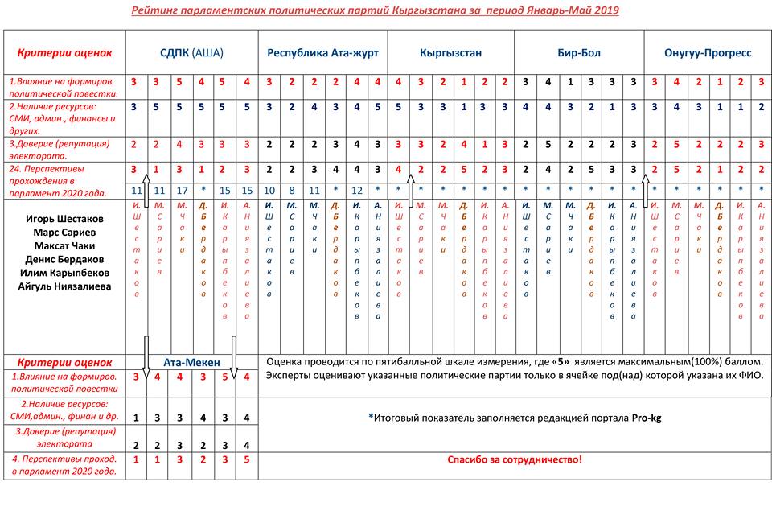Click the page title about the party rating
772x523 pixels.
375,10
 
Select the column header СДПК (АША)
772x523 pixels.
191,53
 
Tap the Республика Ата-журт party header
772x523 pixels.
322,53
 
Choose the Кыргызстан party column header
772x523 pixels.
450,53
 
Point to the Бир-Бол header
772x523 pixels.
578,53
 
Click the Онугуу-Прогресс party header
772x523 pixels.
708,53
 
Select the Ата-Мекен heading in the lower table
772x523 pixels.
191,362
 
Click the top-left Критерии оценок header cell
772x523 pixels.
64,53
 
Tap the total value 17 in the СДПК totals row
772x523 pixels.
181,191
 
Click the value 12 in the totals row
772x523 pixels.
357,191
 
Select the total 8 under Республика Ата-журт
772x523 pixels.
292,191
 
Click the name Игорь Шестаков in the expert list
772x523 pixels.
64,219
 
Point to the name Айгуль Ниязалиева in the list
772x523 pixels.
64,286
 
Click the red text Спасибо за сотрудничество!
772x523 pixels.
514,460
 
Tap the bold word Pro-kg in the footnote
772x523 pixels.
646,418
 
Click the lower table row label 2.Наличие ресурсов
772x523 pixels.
64,410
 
